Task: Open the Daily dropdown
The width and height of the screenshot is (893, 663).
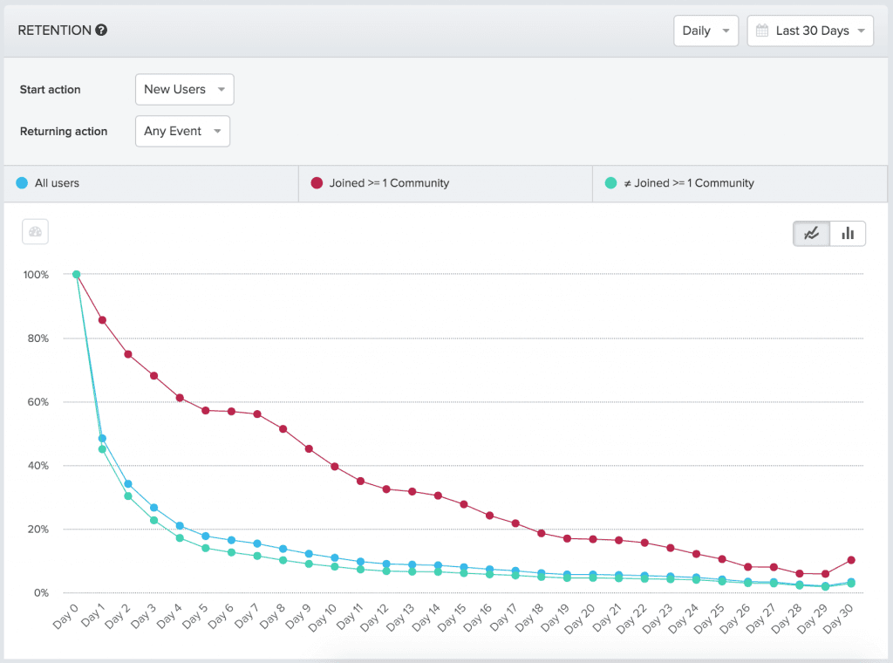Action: (706, 31)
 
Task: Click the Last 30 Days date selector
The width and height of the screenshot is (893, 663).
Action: (810, 31)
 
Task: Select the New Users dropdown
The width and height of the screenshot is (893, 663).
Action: (185, 89)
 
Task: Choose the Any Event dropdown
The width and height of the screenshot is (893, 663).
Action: (182, 131)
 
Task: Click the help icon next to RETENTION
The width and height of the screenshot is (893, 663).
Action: (101, 31)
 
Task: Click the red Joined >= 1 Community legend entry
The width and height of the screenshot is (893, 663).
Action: (389, 183)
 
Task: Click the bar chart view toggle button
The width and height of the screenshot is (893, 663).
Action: (848, 233)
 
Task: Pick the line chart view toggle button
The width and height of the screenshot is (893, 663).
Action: (812, 233)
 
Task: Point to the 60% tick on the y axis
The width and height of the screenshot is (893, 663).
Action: (36, 402)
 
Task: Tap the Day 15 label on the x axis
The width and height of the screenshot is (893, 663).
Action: (453, 622)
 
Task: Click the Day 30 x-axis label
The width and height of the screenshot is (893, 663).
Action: (839, 622)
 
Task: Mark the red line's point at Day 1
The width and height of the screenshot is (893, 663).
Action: (102, 320)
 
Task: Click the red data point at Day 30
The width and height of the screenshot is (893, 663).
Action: (851, 560)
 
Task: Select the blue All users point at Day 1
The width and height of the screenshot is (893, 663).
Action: (102, 438)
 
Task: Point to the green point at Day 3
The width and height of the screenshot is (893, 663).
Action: (153, 520)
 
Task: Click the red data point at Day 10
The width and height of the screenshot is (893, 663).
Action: (334, 467)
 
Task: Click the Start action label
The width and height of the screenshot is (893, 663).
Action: (51, 90)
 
